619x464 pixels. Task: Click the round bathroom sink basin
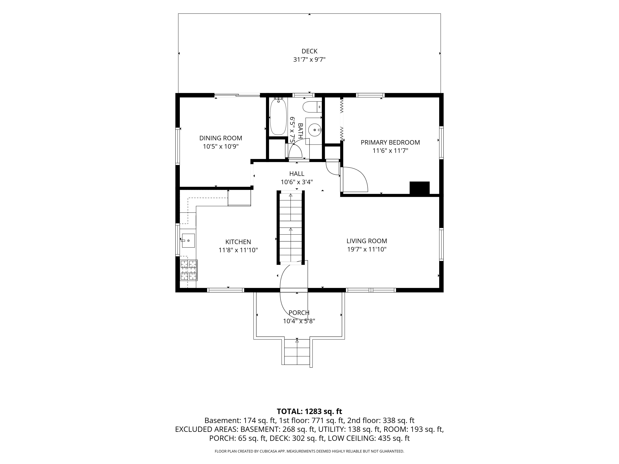coord(315,130)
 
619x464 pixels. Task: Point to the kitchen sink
coord(188,241)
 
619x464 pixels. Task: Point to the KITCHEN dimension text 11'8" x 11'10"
coord(238,250)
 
